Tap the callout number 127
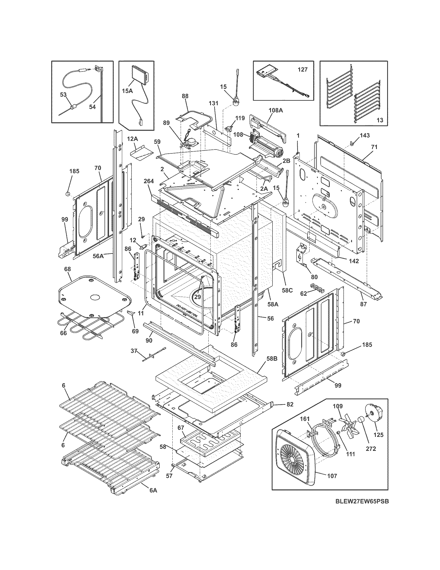(303, 70)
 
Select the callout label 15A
(127, 91)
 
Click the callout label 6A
(153, 490)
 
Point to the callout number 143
(365, 136)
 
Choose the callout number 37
(134, 351)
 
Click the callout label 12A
(133, 139)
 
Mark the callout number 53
(63, 95)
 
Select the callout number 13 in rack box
(380, 120)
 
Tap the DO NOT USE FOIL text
(187, 309)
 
